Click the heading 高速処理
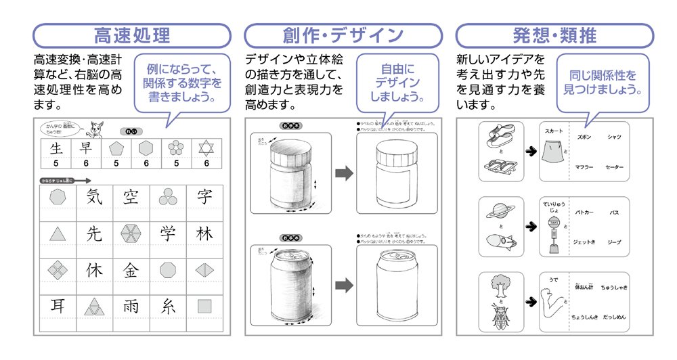pos(132,35)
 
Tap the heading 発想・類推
pos(554,35)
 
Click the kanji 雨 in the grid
pos(130,306)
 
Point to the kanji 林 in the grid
pos(204,234)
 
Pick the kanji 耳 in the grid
pos(58,306)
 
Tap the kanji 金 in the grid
pos(130,270)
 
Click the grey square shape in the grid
pos(204,306)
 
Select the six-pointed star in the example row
pos(204,148)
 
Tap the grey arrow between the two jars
pos(345,173)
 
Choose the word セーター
pos(614,166)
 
